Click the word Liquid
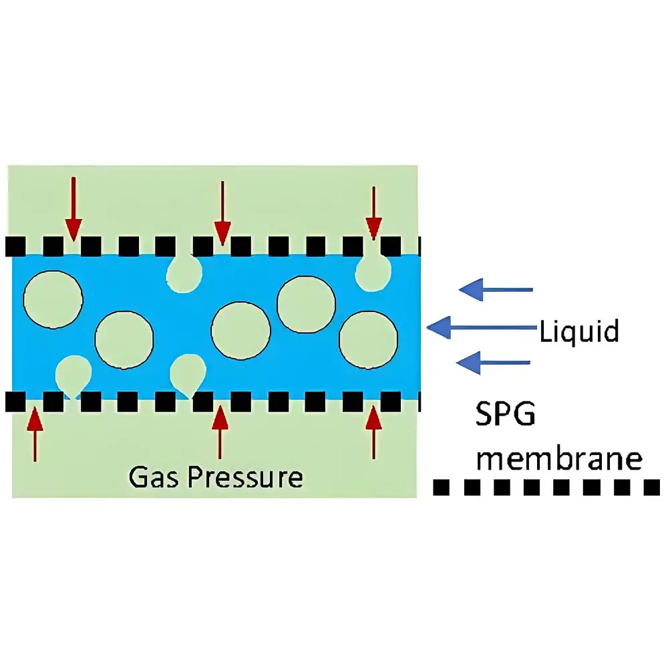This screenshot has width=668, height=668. point(579,331)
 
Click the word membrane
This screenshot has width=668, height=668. point(562,460)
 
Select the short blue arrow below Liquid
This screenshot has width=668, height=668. point(493,363)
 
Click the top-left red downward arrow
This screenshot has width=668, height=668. point(73,207)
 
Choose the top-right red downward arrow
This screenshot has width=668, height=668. point(373,211)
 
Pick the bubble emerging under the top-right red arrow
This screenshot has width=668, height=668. point(373,271)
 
